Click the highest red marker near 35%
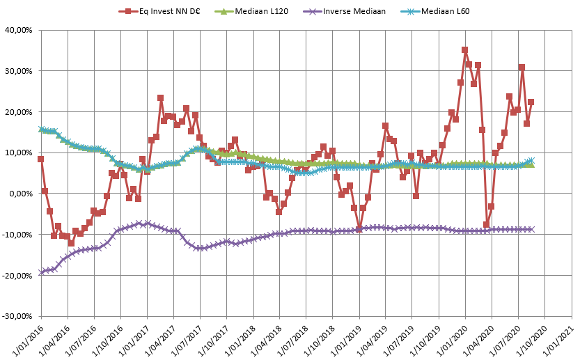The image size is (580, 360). coord(464,50)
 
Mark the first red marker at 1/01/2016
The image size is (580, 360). coord(41,159)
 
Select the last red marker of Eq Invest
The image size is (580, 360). coord(531,102)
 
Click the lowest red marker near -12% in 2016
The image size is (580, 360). coord(71,244)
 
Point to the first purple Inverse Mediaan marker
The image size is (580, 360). coord(41,272)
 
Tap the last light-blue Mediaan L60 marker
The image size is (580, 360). coord(531,161)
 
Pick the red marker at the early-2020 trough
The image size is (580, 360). coord(487,225)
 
